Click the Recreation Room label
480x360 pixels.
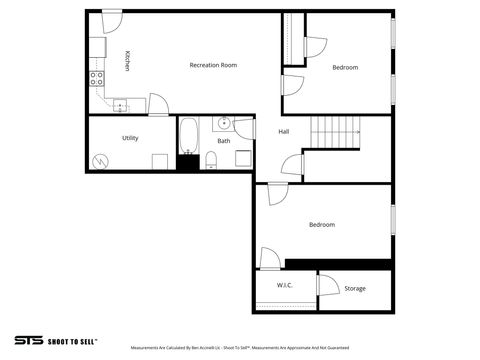coord(213,65)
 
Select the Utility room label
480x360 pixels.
coord(130,138)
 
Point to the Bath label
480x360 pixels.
coord(224,140)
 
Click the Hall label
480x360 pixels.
coord(284,131)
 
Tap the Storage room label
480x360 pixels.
coord(355,289)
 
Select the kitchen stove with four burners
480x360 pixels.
coord(97,77)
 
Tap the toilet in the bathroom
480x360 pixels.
coord(210,158)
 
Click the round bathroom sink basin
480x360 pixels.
coord(224,123)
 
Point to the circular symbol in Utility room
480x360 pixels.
coord(99,160)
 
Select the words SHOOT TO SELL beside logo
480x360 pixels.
coord(73,340)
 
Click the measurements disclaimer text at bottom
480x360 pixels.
coord(240,348)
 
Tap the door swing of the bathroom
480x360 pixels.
coord(245,128)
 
